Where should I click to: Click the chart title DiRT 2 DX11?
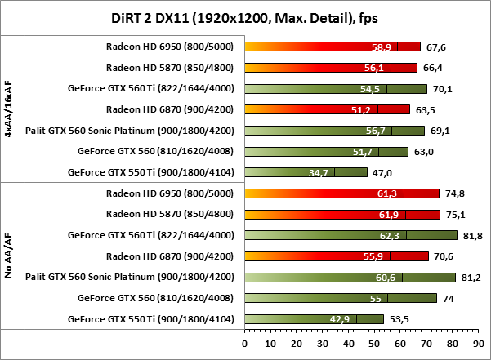(x=244, y=16)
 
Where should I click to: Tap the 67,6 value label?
(x=435, y=47)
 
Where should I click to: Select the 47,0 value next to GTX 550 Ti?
(x=382, y=172)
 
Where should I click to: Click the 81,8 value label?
(x=471, y=235)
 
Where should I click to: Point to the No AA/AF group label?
(x=9, y=256)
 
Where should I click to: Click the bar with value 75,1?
(x=343, y=215)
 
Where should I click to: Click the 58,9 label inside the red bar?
(x=383, y=47)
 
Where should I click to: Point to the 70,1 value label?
(x=441, y=88)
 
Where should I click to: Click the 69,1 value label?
(x=439, y=131)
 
